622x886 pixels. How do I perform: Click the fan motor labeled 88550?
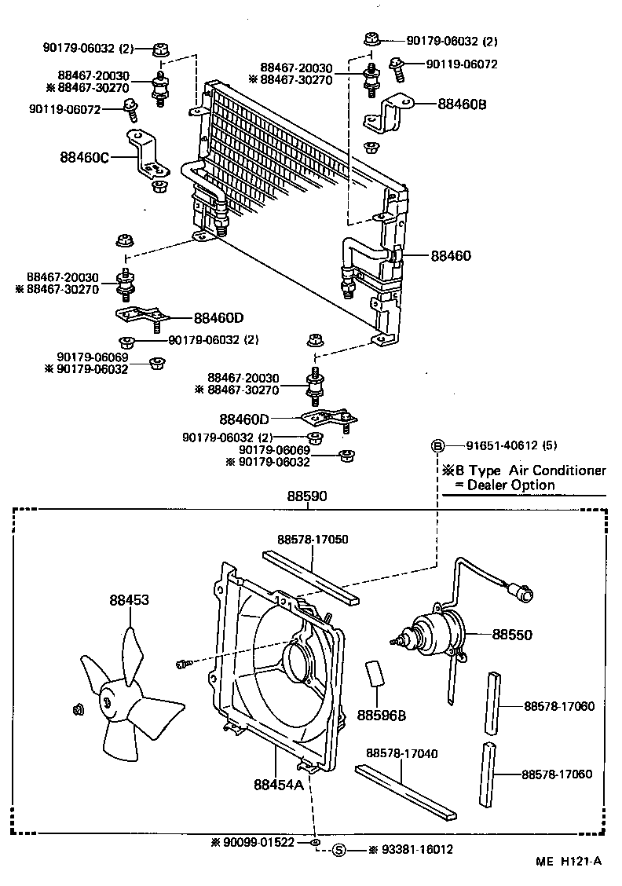(430, 632)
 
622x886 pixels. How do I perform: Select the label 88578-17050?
(313, 540)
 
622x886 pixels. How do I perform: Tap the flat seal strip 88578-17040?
(405, 791)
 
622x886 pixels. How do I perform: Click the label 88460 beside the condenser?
(450, 255)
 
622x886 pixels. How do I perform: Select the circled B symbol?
(437, 446)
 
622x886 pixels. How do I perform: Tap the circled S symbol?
(339, 849)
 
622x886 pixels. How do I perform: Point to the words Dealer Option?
(510, 485)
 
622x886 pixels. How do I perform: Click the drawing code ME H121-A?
(569, 861)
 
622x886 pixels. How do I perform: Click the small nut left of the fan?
(78, 711)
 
